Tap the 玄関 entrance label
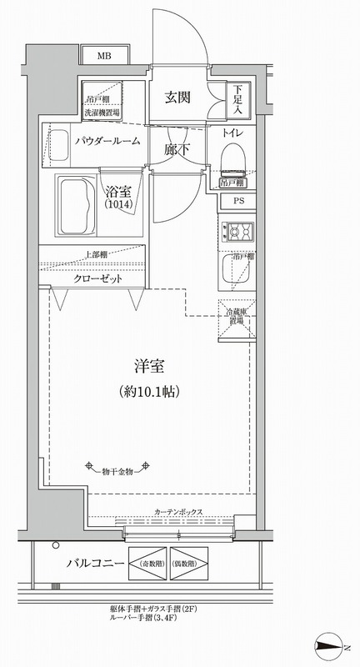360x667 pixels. point(177,97)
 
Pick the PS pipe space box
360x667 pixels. point(238,200)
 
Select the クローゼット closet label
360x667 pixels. point(98,278)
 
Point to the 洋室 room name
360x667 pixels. point(147,365)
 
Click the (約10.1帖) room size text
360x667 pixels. point(147,390)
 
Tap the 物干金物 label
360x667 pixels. point(118,473)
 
